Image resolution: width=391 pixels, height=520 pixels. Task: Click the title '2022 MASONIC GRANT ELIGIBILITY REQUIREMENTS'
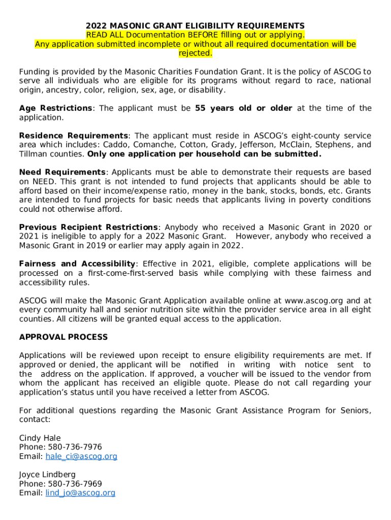[x=195, y=26]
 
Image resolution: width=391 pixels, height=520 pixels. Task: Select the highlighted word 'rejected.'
[x=195, y=53]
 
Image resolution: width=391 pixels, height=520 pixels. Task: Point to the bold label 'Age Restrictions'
[x=56, y=108]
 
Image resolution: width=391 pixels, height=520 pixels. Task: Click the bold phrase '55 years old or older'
[x=243, y=108]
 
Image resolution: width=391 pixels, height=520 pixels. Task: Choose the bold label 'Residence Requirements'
[x=74, y=136]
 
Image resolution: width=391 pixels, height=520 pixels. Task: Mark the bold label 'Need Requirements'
[x=62, y=173]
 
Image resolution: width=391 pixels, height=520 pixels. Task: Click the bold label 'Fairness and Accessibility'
[x=77, y=264]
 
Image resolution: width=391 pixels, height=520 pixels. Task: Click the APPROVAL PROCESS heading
[x=63, y=337]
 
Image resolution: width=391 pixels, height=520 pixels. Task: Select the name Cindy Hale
[x=40, y=438]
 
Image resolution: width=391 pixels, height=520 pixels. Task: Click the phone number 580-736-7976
[x=75, y=447]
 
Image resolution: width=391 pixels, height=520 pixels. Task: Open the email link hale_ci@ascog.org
[x=81, y=456]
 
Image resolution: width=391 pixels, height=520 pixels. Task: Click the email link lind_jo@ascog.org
[x=80, y=493]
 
